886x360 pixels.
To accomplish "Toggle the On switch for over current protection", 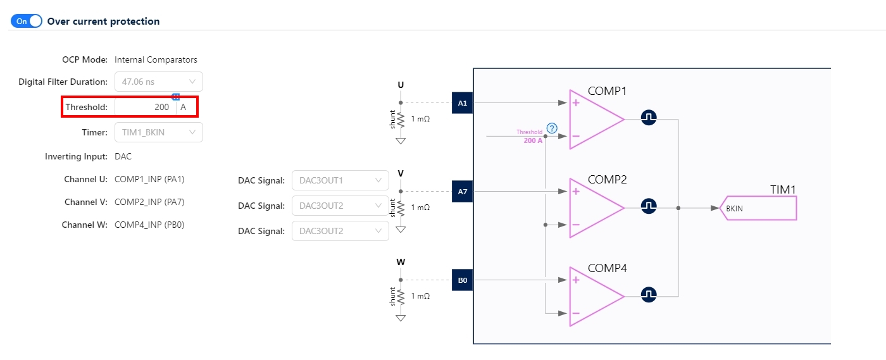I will point(26,21).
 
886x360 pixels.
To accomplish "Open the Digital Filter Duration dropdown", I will point(158,82).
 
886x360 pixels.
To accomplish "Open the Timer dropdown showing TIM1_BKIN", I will point(158,132).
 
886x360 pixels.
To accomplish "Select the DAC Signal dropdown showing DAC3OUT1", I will point(340,180).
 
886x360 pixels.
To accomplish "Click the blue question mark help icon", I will point(552,128).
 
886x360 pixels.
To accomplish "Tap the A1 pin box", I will point(462,102).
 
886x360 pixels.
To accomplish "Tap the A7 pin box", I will point(462,191).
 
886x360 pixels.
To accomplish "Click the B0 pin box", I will point(462,280).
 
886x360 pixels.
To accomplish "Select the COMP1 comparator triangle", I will point(592,119).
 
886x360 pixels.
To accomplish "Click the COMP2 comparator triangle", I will point(592,208).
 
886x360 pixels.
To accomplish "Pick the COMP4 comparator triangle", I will point(592,296).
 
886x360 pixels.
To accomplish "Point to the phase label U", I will point(401,85).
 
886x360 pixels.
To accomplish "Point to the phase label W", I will point(401,262).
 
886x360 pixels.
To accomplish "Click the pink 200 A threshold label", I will point(533,140).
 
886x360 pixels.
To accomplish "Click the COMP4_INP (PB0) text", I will point(149,225).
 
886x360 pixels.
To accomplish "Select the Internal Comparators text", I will point(156,60).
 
